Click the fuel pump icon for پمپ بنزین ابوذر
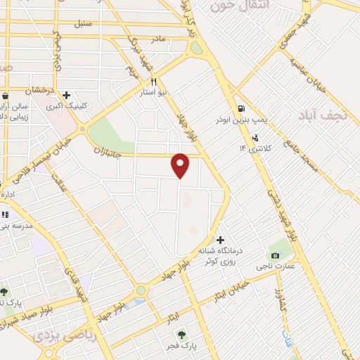[x=241, y=109]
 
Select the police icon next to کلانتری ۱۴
[x=255, y=137]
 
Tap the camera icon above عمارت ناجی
[x=274, y=254]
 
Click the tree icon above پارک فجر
[x=182, y=335]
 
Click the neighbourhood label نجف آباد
[x=328, y=116]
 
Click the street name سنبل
[x=84, y=24]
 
